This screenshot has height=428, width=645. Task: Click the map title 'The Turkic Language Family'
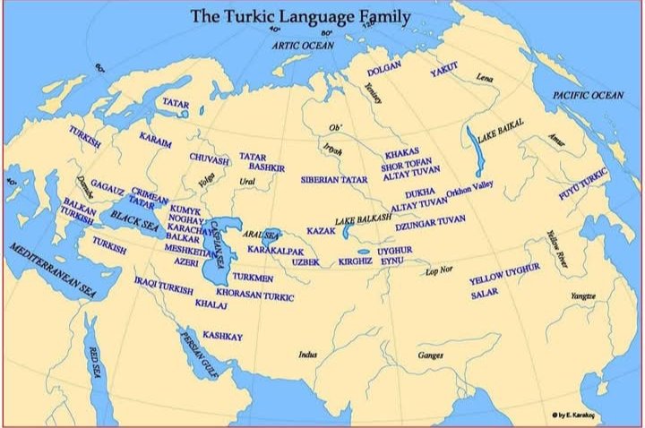[x=300, y=16]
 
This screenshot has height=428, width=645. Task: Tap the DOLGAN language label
[x=384, y=69]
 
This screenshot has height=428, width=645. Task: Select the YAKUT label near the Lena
[x=443, y=68]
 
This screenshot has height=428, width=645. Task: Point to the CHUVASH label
[x=209, y=158]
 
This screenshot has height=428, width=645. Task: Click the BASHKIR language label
[x=266, y=167]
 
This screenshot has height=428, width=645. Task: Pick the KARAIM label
[x=156, y=138]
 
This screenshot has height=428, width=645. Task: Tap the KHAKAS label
[x=402, y=154]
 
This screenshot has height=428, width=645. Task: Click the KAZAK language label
[x=320, y=231]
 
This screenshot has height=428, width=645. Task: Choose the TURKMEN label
[x=253, y=278]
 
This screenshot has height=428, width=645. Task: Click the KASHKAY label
[x=223, y=335]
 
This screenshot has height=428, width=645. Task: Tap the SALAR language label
[x=485, y=293]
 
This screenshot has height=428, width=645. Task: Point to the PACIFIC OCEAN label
[x=587, y=95]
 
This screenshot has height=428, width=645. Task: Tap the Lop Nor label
[x=439, y=270]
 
